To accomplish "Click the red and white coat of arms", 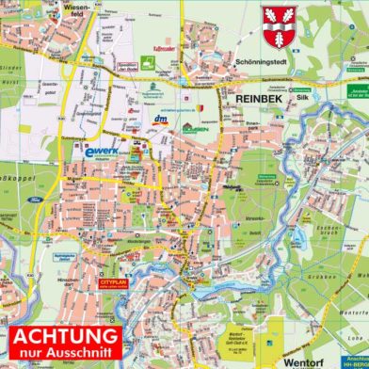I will [280, 25].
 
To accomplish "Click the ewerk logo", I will [102, 151].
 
